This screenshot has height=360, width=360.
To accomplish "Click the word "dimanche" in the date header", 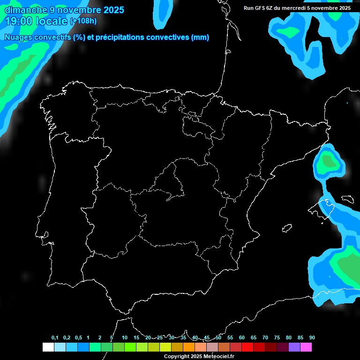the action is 24,10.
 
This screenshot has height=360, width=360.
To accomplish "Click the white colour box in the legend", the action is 48,347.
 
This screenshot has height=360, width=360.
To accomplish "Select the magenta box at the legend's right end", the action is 306,347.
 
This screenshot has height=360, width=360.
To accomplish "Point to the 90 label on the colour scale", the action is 312,338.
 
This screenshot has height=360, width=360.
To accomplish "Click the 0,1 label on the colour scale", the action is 54,338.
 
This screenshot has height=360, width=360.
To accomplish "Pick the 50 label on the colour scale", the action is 218,338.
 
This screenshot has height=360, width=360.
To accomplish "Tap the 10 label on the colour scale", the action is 125,338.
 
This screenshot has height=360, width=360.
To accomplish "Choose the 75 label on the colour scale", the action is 277,338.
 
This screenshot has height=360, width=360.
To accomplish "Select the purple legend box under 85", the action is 294,347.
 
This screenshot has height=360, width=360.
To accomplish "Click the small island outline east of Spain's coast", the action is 287,228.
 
